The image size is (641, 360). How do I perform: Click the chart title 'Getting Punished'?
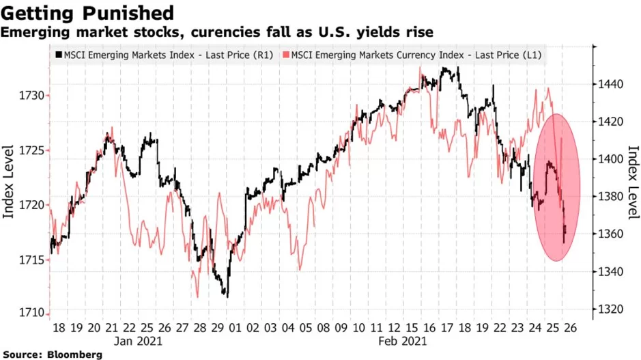[87, 13]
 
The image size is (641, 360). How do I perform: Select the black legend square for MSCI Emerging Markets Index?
[59, 55]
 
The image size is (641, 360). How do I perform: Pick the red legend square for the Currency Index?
[286, 55]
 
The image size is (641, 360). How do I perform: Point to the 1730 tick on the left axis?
[32, 96]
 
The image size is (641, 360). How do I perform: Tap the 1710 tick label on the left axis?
[32, 313]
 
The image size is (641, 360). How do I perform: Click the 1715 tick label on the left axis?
[32, 260]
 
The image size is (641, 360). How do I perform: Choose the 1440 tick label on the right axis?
[611, 85]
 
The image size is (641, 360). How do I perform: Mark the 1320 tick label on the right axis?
[611, 309]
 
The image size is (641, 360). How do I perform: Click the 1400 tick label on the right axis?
[611, 159]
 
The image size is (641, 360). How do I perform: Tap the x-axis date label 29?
[218, 328]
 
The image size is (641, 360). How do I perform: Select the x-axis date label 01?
[236, 328]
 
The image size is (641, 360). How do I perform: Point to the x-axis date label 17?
[447, 328]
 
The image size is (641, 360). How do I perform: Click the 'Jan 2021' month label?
[138, 341]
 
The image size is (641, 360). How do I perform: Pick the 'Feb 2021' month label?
[403, 341]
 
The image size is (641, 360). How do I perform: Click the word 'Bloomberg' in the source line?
[74, 355]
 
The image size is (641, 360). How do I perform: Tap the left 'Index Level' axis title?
[8, 182]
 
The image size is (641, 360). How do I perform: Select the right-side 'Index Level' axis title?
[633, 182]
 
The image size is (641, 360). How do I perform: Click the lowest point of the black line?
[227, 297]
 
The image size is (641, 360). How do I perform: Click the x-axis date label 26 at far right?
[571, 328]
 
